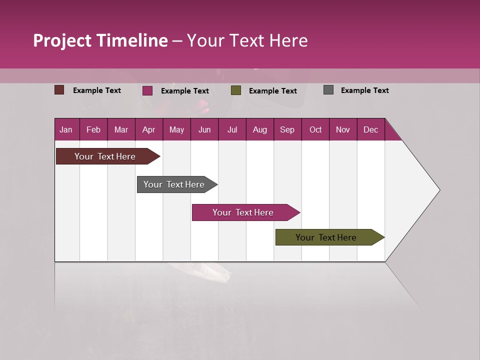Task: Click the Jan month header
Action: click(66, 129)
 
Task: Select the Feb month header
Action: click(93, 129)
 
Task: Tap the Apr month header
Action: click(148, 129)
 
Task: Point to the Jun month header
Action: click(204, 129)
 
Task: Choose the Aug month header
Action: click(259, 129)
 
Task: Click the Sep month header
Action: click(287, 129)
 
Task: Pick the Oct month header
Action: click(315, 129)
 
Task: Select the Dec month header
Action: click(370, 129)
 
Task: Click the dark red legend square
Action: click(59, 90)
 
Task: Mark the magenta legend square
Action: click(147, 90)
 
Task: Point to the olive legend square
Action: click(236, 90)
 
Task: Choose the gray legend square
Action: click(328, 90)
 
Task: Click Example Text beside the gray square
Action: click(364, 90)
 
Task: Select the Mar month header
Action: click(121, 129)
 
